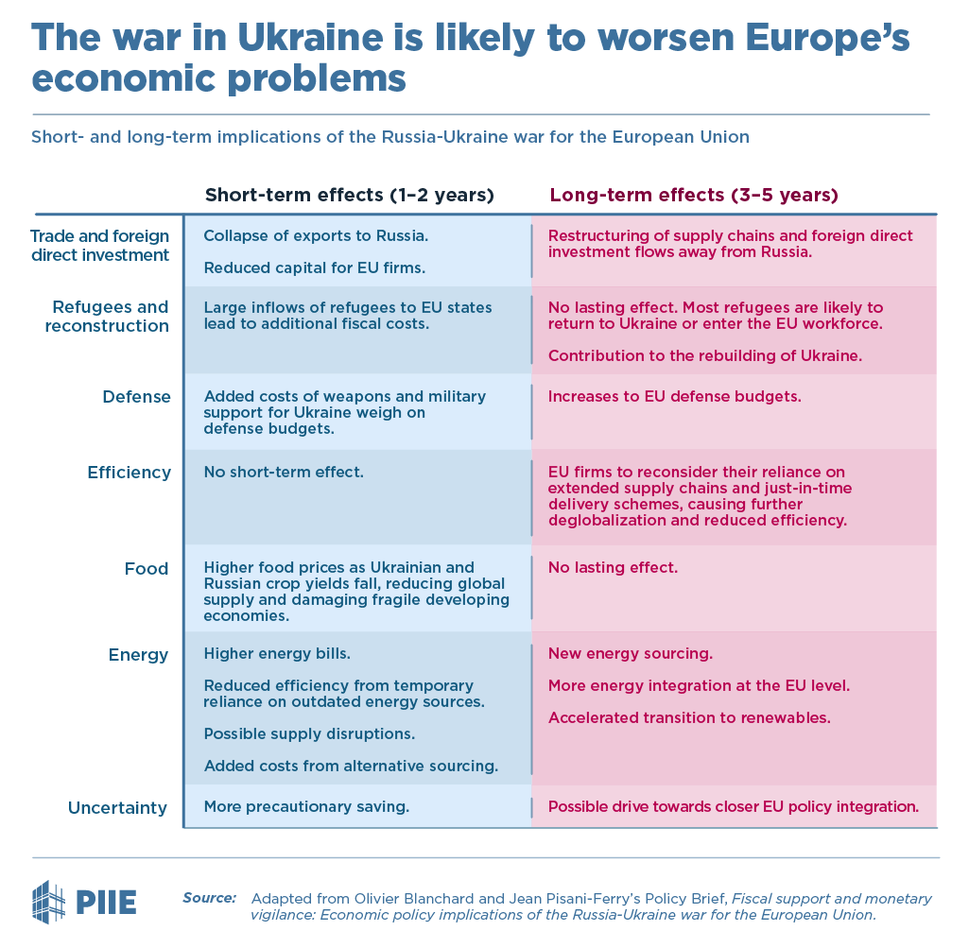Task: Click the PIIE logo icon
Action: [49, 899]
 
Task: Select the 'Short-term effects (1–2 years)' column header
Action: [350, 196]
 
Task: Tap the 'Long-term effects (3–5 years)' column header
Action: [694, 196]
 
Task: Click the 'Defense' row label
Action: [136, 397]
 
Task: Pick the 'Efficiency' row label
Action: [129, 473]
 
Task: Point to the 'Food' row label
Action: [146, 569]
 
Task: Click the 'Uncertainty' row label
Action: [117, 808]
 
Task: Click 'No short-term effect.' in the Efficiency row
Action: [284, 472]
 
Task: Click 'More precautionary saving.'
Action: [306, 807]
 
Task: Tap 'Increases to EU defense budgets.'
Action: [674, 396]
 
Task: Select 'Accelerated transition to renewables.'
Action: [689, 717]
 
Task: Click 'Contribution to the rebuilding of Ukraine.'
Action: [705, 356]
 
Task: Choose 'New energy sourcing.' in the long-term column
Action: [630, 654]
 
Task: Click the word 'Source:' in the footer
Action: [209, 898]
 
